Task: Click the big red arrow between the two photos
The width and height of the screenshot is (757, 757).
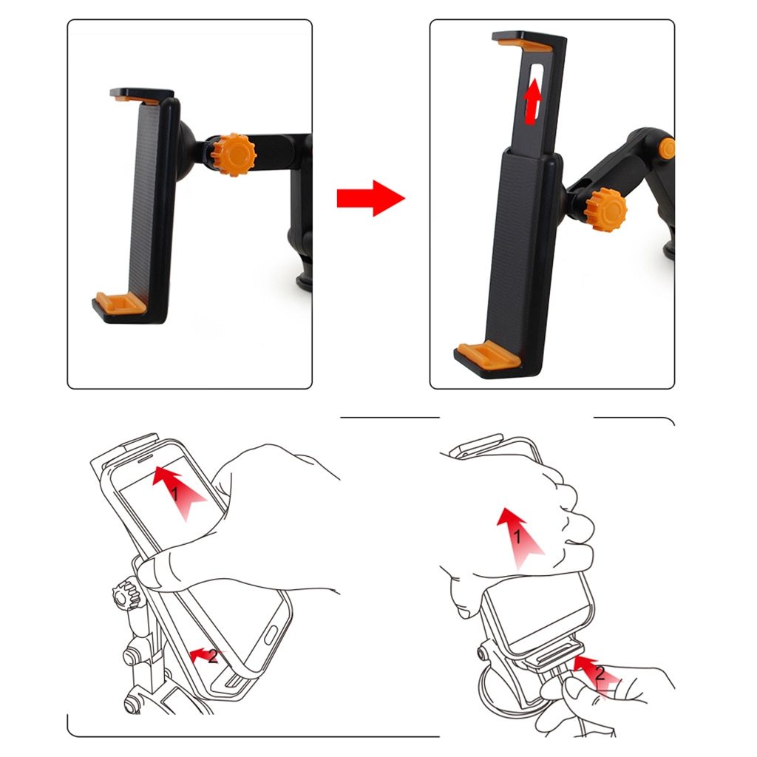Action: [370, 198]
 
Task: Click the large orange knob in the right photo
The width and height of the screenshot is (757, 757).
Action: [605, 209]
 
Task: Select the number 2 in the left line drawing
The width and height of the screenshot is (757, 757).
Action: [213, 656]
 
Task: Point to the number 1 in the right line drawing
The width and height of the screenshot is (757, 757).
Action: [518, 537]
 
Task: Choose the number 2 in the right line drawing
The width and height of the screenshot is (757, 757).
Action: [600, 673]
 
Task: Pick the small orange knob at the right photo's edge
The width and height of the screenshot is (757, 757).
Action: [668, 148]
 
